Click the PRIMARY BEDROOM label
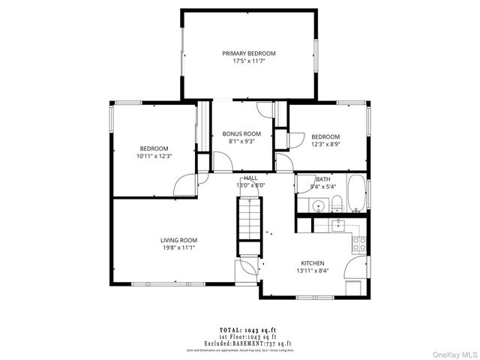point(248,53)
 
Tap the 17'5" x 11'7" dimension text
point(248,61)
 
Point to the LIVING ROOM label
point(179,241)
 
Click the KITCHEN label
point(312,263)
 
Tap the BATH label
point(323,180)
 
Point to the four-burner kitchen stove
point(359,243)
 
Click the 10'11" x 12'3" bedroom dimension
point(154,157)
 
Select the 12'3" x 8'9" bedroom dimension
point(326,144)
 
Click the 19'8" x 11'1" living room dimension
point(179,248)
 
